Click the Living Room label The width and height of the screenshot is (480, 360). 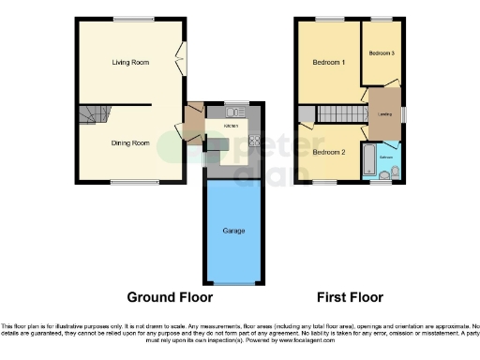[130, 62]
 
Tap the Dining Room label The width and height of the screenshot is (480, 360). [130, 142]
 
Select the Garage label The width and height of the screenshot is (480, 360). [233, 230]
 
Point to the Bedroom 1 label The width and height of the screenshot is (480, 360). [330, 62]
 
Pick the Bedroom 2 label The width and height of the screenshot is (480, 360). [330, 152]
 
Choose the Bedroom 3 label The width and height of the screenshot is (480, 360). [381, 53]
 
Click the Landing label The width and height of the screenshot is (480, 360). [384, 114]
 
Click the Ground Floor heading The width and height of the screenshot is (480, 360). [170, 297]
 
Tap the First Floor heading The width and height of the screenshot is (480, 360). [349, 297]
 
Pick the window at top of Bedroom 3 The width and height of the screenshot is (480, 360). [382, 19]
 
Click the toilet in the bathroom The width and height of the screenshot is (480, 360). [395, 171]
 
